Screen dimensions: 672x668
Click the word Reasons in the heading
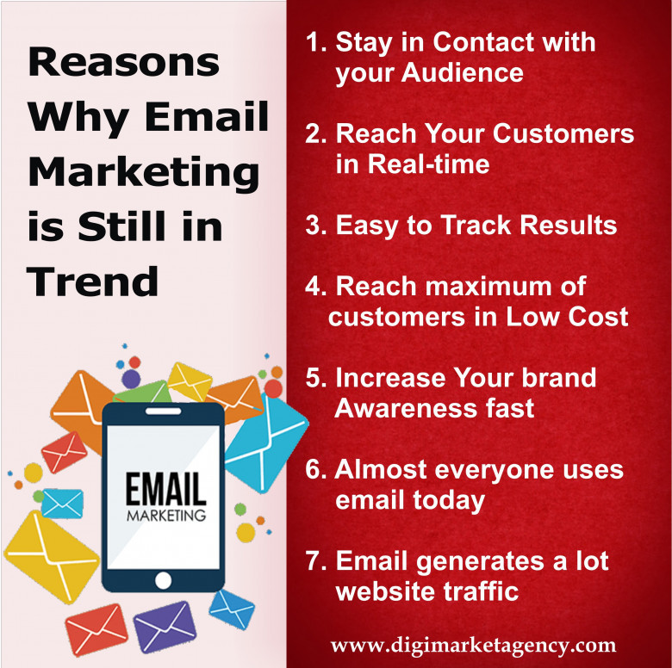(124, 63)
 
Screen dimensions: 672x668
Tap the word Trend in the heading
(92, 281)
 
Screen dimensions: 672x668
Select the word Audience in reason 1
(463, 72)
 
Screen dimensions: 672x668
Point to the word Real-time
(428, 164)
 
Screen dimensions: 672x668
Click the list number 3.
(316, 225)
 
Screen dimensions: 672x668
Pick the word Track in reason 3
(476, 225)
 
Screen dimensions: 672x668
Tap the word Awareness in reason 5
(406, 408)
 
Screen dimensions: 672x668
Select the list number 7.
(316, 561)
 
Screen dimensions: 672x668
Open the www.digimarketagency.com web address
(473, 646)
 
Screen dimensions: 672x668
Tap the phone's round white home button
(164, 581)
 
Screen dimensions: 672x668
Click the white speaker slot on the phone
(164, 411)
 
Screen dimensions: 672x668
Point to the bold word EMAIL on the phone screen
(166, 489)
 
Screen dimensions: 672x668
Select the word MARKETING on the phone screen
(166, 516)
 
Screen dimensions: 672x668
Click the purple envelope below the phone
(165, 627)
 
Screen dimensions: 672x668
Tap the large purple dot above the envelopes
(131, 379)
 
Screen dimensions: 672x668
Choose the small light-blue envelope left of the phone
(63, 504)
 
